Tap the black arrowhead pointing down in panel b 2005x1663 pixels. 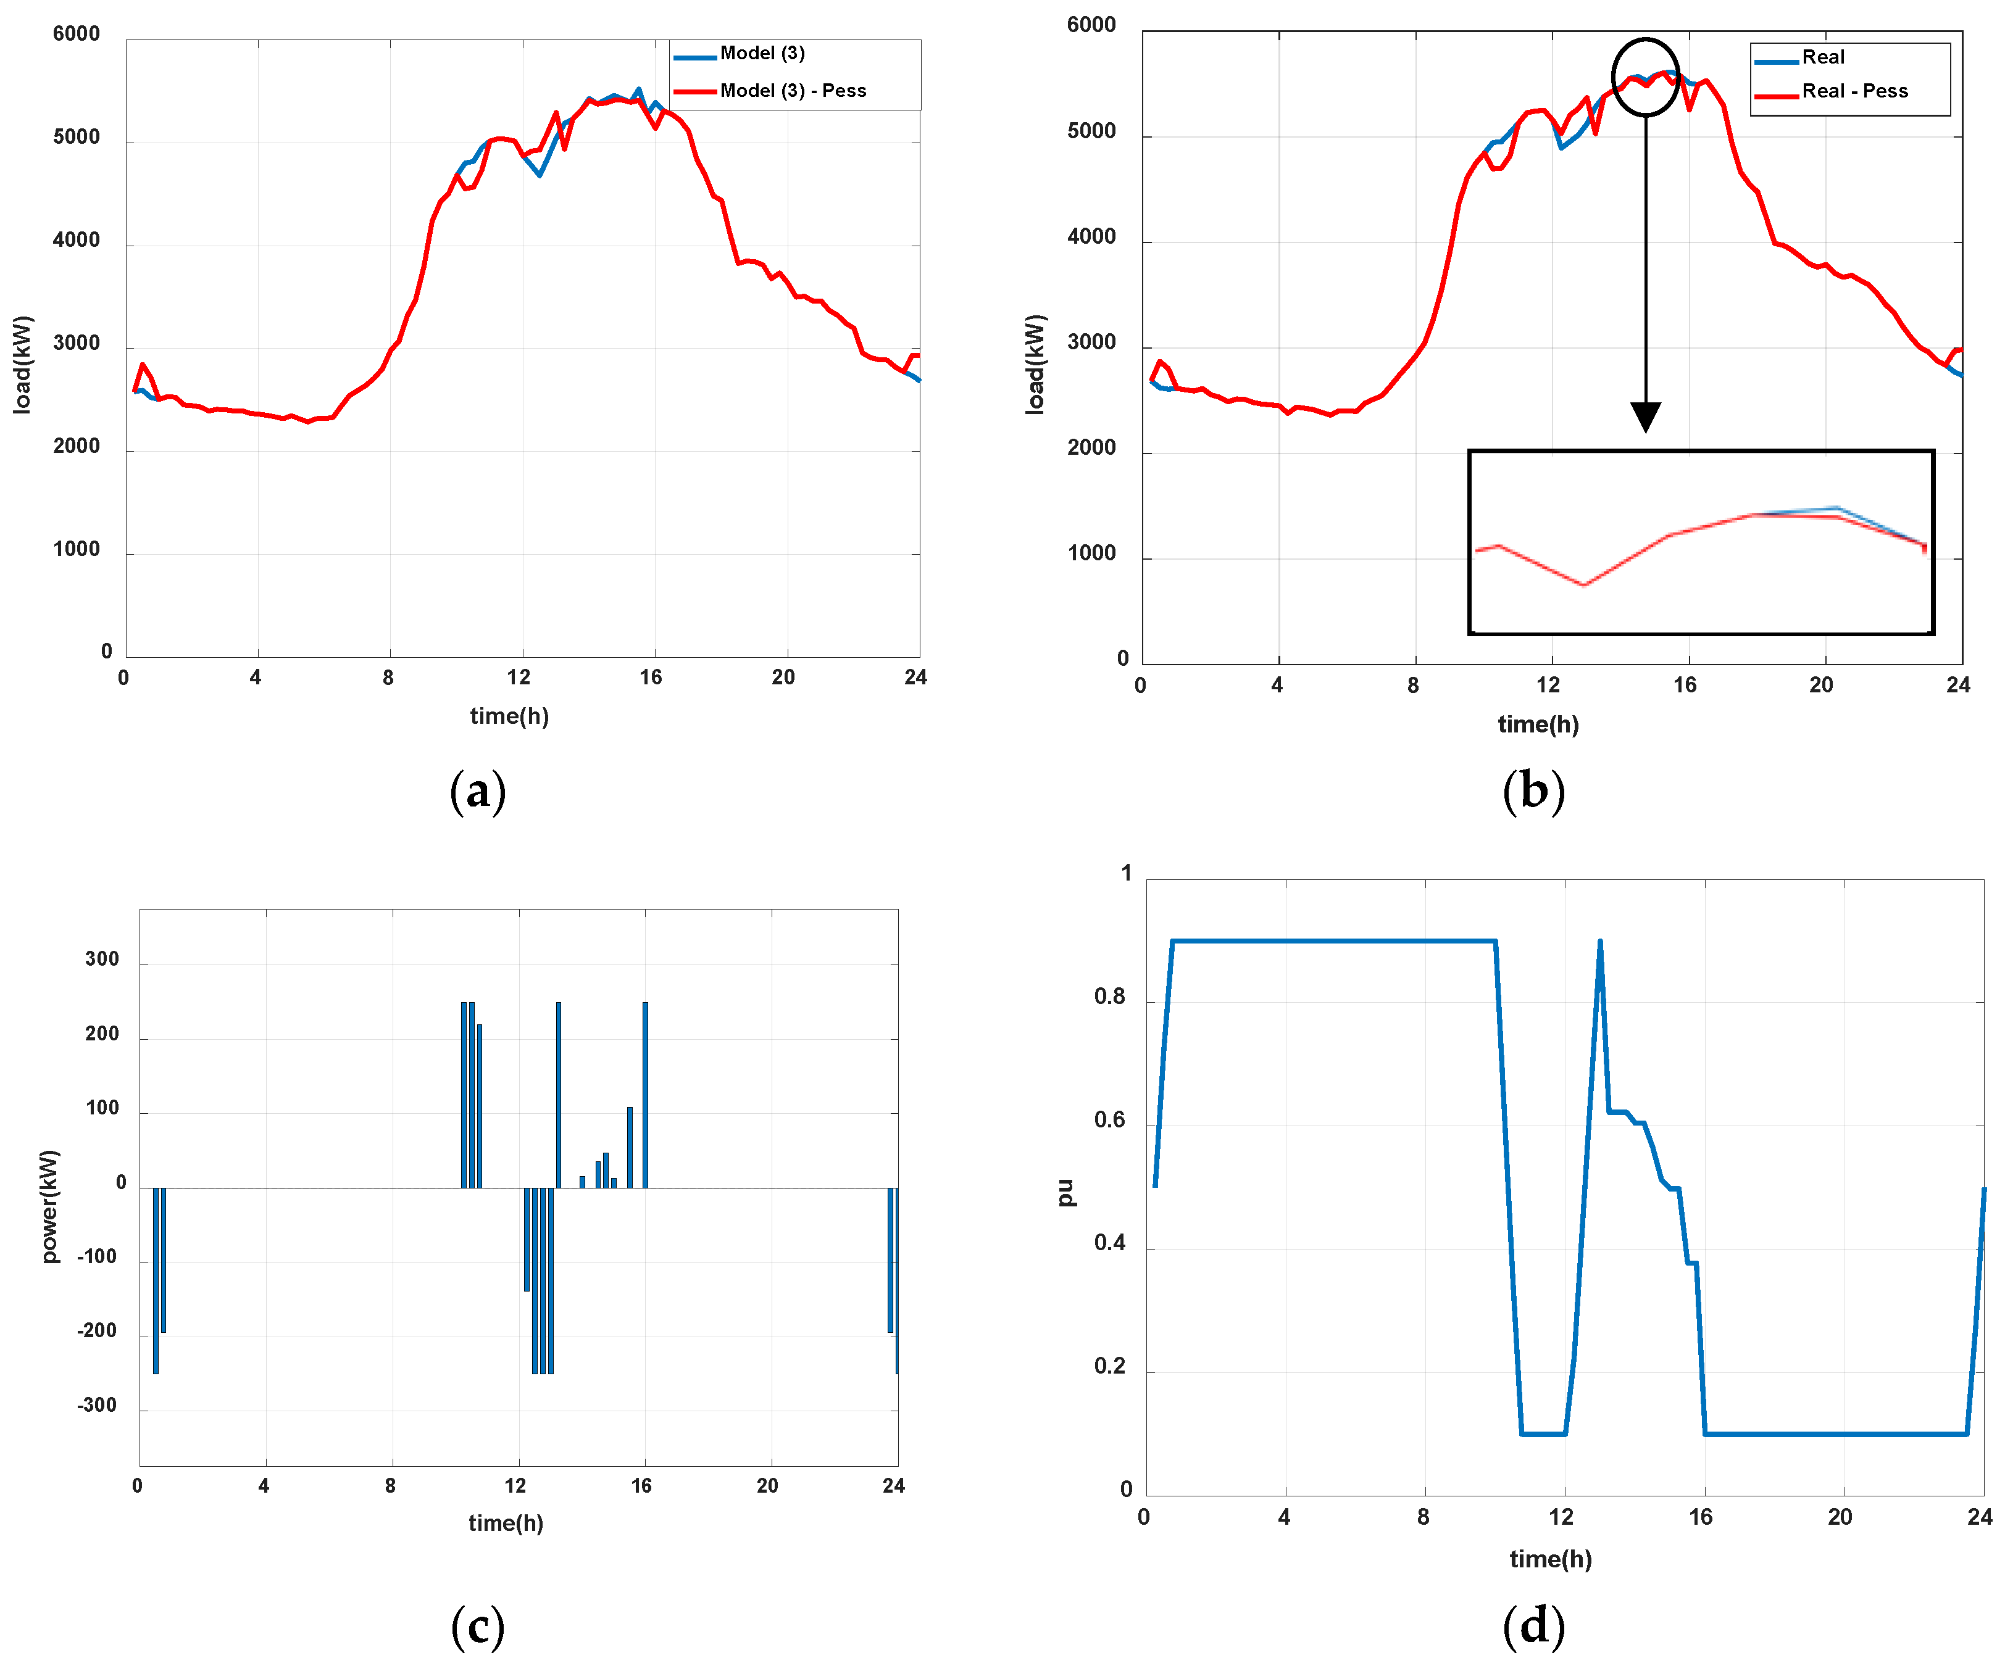pos(1645,417)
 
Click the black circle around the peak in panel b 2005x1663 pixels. pos(1645,77)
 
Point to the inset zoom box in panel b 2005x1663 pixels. pos(1701,541)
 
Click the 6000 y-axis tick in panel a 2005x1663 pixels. pos(77,35)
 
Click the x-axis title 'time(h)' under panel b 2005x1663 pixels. pos(1537,724)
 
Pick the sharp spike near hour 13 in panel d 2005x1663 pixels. pos(1599,945)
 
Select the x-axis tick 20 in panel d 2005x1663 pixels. pos(1839,1517)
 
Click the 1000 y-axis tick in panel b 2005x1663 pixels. pos(1091,554)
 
